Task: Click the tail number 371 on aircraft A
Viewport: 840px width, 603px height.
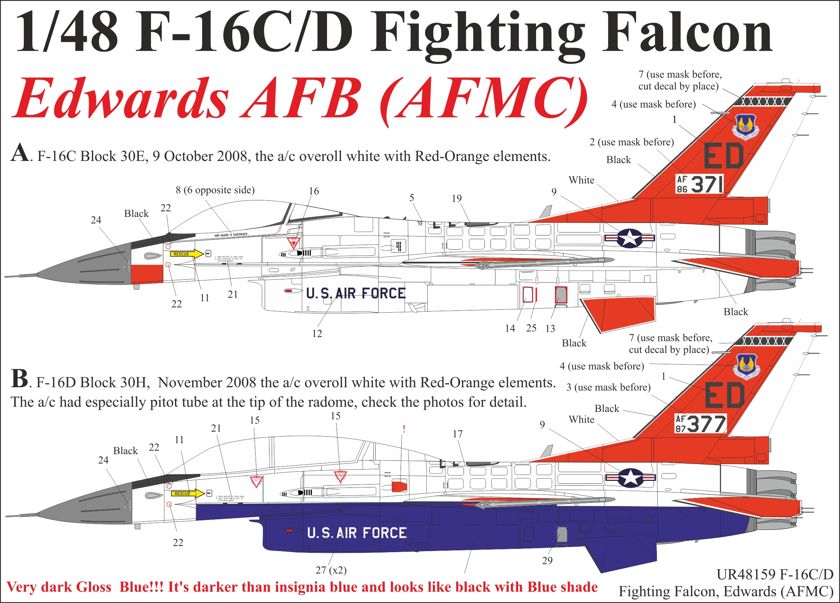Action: pyautogui.click(x=707, y=184)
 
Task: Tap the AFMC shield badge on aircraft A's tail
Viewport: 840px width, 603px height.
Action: pyautogui.click(x=746, y=127)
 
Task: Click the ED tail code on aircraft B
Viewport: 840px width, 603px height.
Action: pyautogui.click(x=725, y=395)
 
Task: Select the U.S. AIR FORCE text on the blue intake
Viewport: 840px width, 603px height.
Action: pyautogui.click(x=357, y=533)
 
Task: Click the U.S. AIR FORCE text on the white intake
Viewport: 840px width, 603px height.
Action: pyautogui.click(x=356, y=293)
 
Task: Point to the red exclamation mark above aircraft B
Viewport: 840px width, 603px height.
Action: pyautogui.click(x=404, y=429)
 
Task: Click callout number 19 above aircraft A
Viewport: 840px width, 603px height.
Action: pyautogui.click(x=456, y=199)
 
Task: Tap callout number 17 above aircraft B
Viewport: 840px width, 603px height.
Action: pyautogui.click(x=458, y=434)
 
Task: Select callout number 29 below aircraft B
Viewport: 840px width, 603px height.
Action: pyautogui.click(x=547, y=561)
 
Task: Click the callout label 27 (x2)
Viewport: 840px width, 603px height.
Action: pyautogui.click(x=331, y=570)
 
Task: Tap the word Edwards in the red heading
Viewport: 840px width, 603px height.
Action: pyautogui.click(x=120, y=98)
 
